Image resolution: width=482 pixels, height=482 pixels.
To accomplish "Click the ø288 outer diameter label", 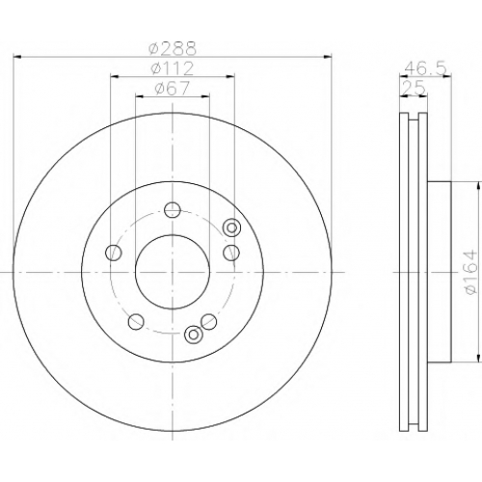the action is (x=173, y=49).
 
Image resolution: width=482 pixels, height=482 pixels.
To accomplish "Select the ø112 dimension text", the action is (x=173, y=68).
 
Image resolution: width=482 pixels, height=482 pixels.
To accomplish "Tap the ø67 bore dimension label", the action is (x=173, y=88).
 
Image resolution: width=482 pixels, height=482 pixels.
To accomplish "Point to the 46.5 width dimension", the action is (x=425, y=68).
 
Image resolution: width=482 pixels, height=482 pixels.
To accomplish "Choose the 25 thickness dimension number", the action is (x=414, y=88).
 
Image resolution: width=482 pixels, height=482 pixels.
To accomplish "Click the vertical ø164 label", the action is (x=471, y=272).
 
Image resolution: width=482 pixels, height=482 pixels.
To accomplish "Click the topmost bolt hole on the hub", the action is (x=173, y=210).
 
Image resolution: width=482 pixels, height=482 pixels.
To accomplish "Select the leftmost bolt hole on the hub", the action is (x=114, y=253).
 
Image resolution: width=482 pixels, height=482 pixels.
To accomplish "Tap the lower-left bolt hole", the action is (x=136, y=322).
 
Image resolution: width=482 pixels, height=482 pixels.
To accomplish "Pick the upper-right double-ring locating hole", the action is (x=232, y=228).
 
